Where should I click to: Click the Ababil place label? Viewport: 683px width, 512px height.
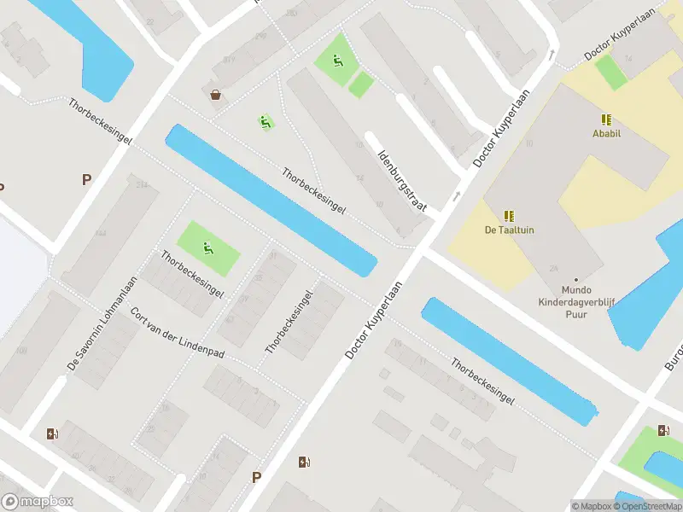(x=606, y=133)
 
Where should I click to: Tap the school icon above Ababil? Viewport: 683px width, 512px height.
(x=606, y=119)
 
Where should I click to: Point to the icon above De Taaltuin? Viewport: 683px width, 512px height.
(x=509, y=216)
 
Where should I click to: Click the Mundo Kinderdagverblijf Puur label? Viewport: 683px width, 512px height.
(x=575, y=301)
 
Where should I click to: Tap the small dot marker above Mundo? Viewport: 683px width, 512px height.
(x=576, y=279)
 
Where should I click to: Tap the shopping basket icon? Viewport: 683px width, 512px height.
(x=216, y=95)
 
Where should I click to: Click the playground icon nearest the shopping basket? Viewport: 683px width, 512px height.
(x=266, y=123)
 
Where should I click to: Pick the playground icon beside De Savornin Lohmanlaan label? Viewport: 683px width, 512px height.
(x=207, y=248)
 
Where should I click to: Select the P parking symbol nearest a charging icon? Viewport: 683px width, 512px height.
(x=255, y=477)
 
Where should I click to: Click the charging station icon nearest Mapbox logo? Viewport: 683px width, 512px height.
(x=53, y=433)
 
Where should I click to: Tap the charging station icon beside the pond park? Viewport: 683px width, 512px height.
(x=663, y=430)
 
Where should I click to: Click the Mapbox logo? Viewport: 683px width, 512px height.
(x=38, y=502)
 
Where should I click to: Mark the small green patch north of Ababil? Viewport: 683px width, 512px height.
(x=611, y=73)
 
